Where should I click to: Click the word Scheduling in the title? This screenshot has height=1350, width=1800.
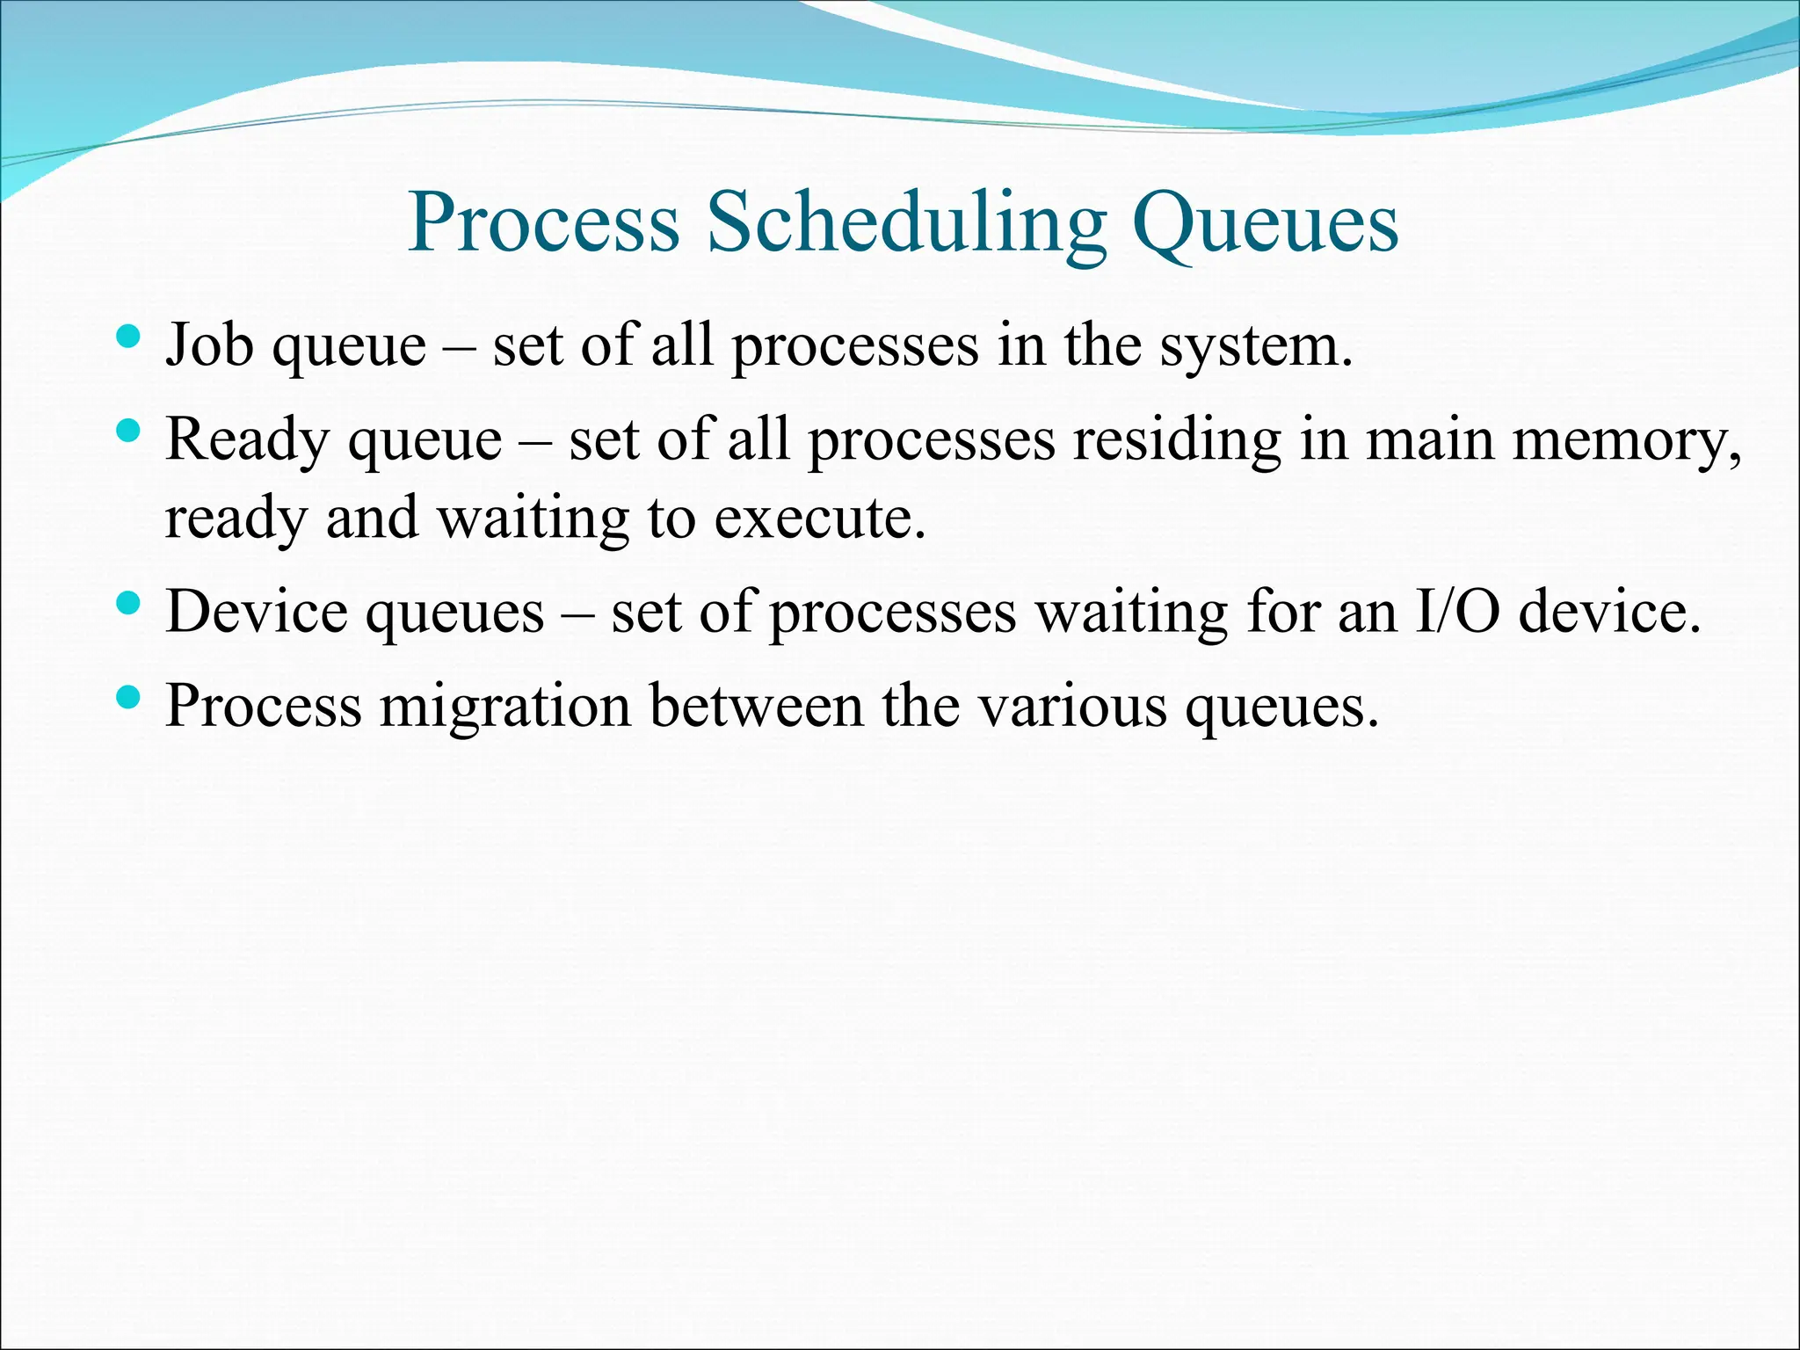pos(906,223)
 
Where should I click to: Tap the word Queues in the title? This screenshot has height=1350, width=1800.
pos(1265,223)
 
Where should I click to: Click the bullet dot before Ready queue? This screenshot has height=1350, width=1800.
pos(128,430)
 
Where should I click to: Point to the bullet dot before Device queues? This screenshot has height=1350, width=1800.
pos(128,603)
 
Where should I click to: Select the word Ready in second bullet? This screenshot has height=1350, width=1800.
pos(245,439)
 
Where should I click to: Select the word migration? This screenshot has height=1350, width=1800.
pos(505,707)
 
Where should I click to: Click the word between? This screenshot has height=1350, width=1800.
pos(757,706)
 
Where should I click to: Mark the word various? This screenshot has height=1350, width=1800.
pos(1072,706)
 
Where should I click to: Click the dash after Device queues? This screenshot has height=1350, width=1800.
pos(577,613)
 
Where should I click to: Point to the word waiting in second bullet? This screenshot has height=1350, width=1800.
pos(533,519)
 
